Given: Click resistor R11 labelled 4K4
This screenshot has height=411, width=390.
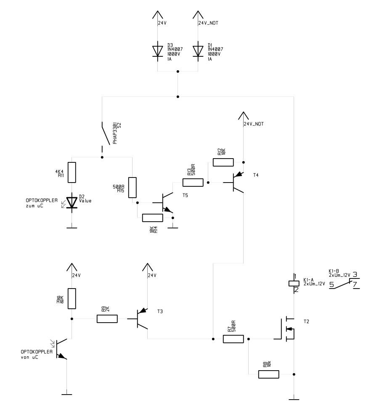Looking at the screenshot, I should (72, 172).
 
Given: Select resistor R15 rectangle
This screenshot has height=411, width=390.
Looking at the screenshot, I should (132, 187).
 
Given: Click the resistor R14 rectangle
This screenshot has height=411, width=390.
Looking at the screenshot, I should (153, 217).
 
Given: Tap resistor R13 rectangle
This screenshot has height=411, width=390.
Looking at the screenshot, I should (193, 183).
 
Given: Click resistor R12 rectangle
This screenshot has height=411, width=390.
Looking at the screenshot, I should (223, 162).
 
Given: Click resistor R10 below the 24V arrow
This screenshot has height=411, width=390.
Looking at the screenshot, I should (72, 299).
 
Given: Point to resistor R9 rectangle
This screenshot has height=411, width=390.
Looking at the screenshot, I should (107, 319).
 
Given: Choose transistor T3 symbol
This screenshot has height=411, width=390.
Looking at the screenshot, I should (143, 318).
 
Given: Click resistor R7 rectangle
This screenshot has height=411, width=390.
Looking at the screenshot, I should (233, 339).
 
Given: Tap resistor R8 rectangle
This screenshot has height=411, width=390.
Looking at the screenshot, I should (268, 374).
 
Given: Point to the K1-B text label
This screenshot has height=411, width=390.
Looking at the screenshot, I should (334, 271).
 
